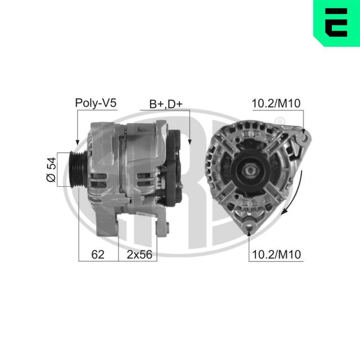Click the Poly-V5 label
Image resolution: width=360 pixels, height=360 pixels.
click(96, 103)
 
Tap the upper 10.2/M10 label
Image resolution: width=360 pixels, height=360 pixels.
click(276, 103)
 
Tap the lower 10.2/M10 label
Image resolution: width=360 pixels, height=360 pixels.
click(276, 255)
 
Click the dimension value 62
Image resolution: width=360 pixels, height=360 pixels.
click(98, 255)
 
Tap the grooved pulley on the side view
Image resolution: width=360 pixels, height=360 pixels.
click(77, 169)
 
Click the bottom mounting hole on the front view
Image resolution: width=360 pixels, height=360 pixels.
click(249, 226)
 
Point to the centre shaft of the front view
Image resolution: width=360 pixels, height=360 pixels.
click(251, 169)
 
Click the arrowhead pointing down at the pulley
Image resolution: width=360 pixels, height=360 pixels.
click(77, 142)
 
